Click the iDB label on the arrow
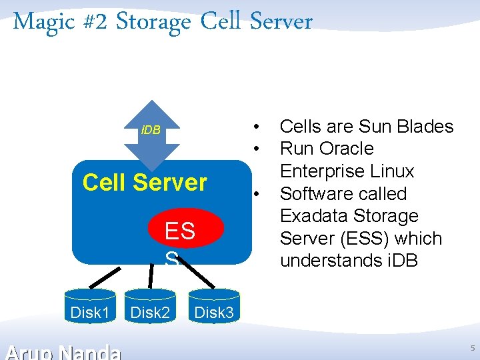(151, 129)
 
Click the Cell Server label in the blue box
(145, 182)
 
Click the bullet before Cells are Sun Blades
(255, 127)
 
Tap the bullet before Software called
(255, 194)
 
